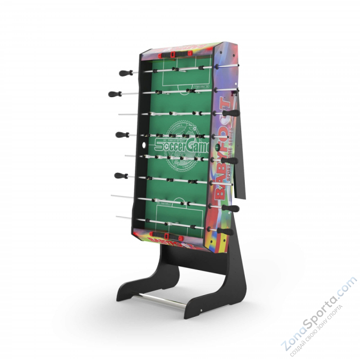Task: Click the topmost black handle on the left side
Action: coord(125,73)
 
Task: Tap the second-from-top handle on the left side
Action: coord(114,94)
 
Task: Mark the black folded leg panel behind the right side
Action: coord(240,149)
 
